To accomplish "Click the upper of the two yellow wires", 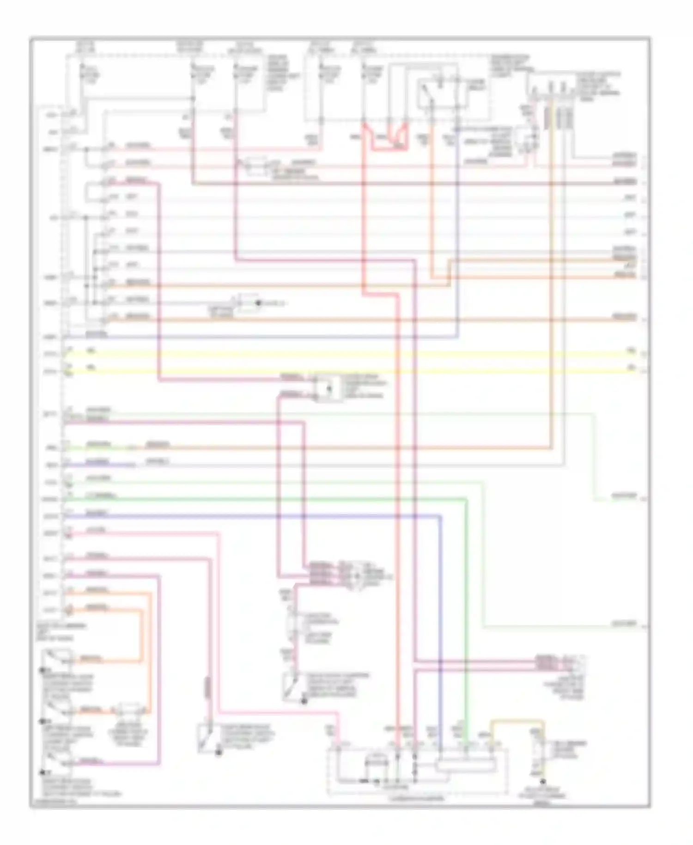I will point(351,355).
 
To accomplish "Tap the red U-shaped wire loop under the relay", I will point(390,141).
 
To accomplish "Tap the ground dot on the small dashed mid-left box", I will point(259,303).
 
